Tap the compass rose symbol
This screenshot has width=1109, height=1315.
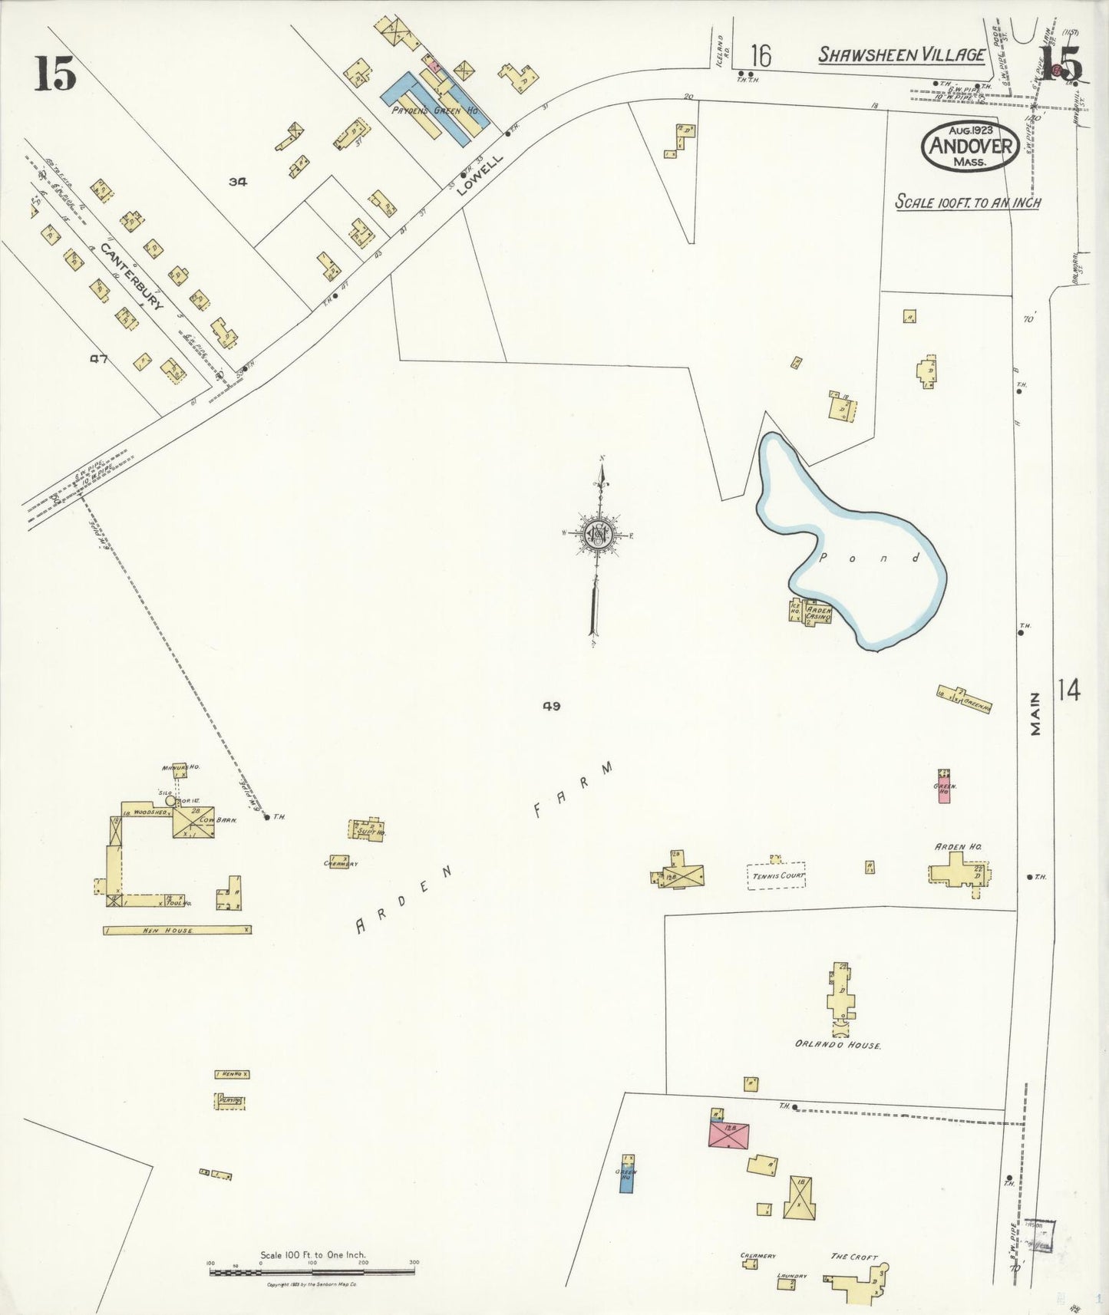[x=596, y=535]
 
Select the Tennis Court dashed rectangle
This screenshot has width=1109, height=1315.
[x=776, y=875]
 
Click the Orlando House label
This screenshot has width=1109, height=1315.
[x=837, y=1045]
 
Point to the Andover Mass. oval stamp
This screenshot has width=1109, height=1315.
[x=970, y=146]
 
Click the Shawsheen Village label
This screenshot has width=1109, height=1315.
[x=901, y=54]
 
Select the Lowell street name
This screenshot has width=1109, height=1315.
[x=479, y=176]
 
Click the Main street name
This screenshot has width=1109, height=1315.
[x=1036, y=714]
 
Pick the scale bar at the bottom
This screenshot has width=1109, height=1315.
[x=312, y=1272]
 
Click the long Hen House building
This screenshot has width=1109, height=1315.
[x=177, y=930]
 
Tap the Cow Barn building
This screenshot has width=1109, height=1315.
[x=193, y=822]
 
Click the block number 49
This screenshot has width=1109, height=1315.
[x=550, y=706]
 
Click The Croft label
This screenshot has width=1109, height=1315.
[x=854, y=1257]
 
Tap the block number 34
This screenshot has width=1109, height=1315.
[x=238, y=182]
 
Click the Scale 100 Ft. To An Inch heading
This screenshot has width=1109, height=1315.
[x=969, y=203]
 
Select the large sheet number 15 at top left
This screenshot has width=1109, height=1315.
[x=54, y=74]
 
